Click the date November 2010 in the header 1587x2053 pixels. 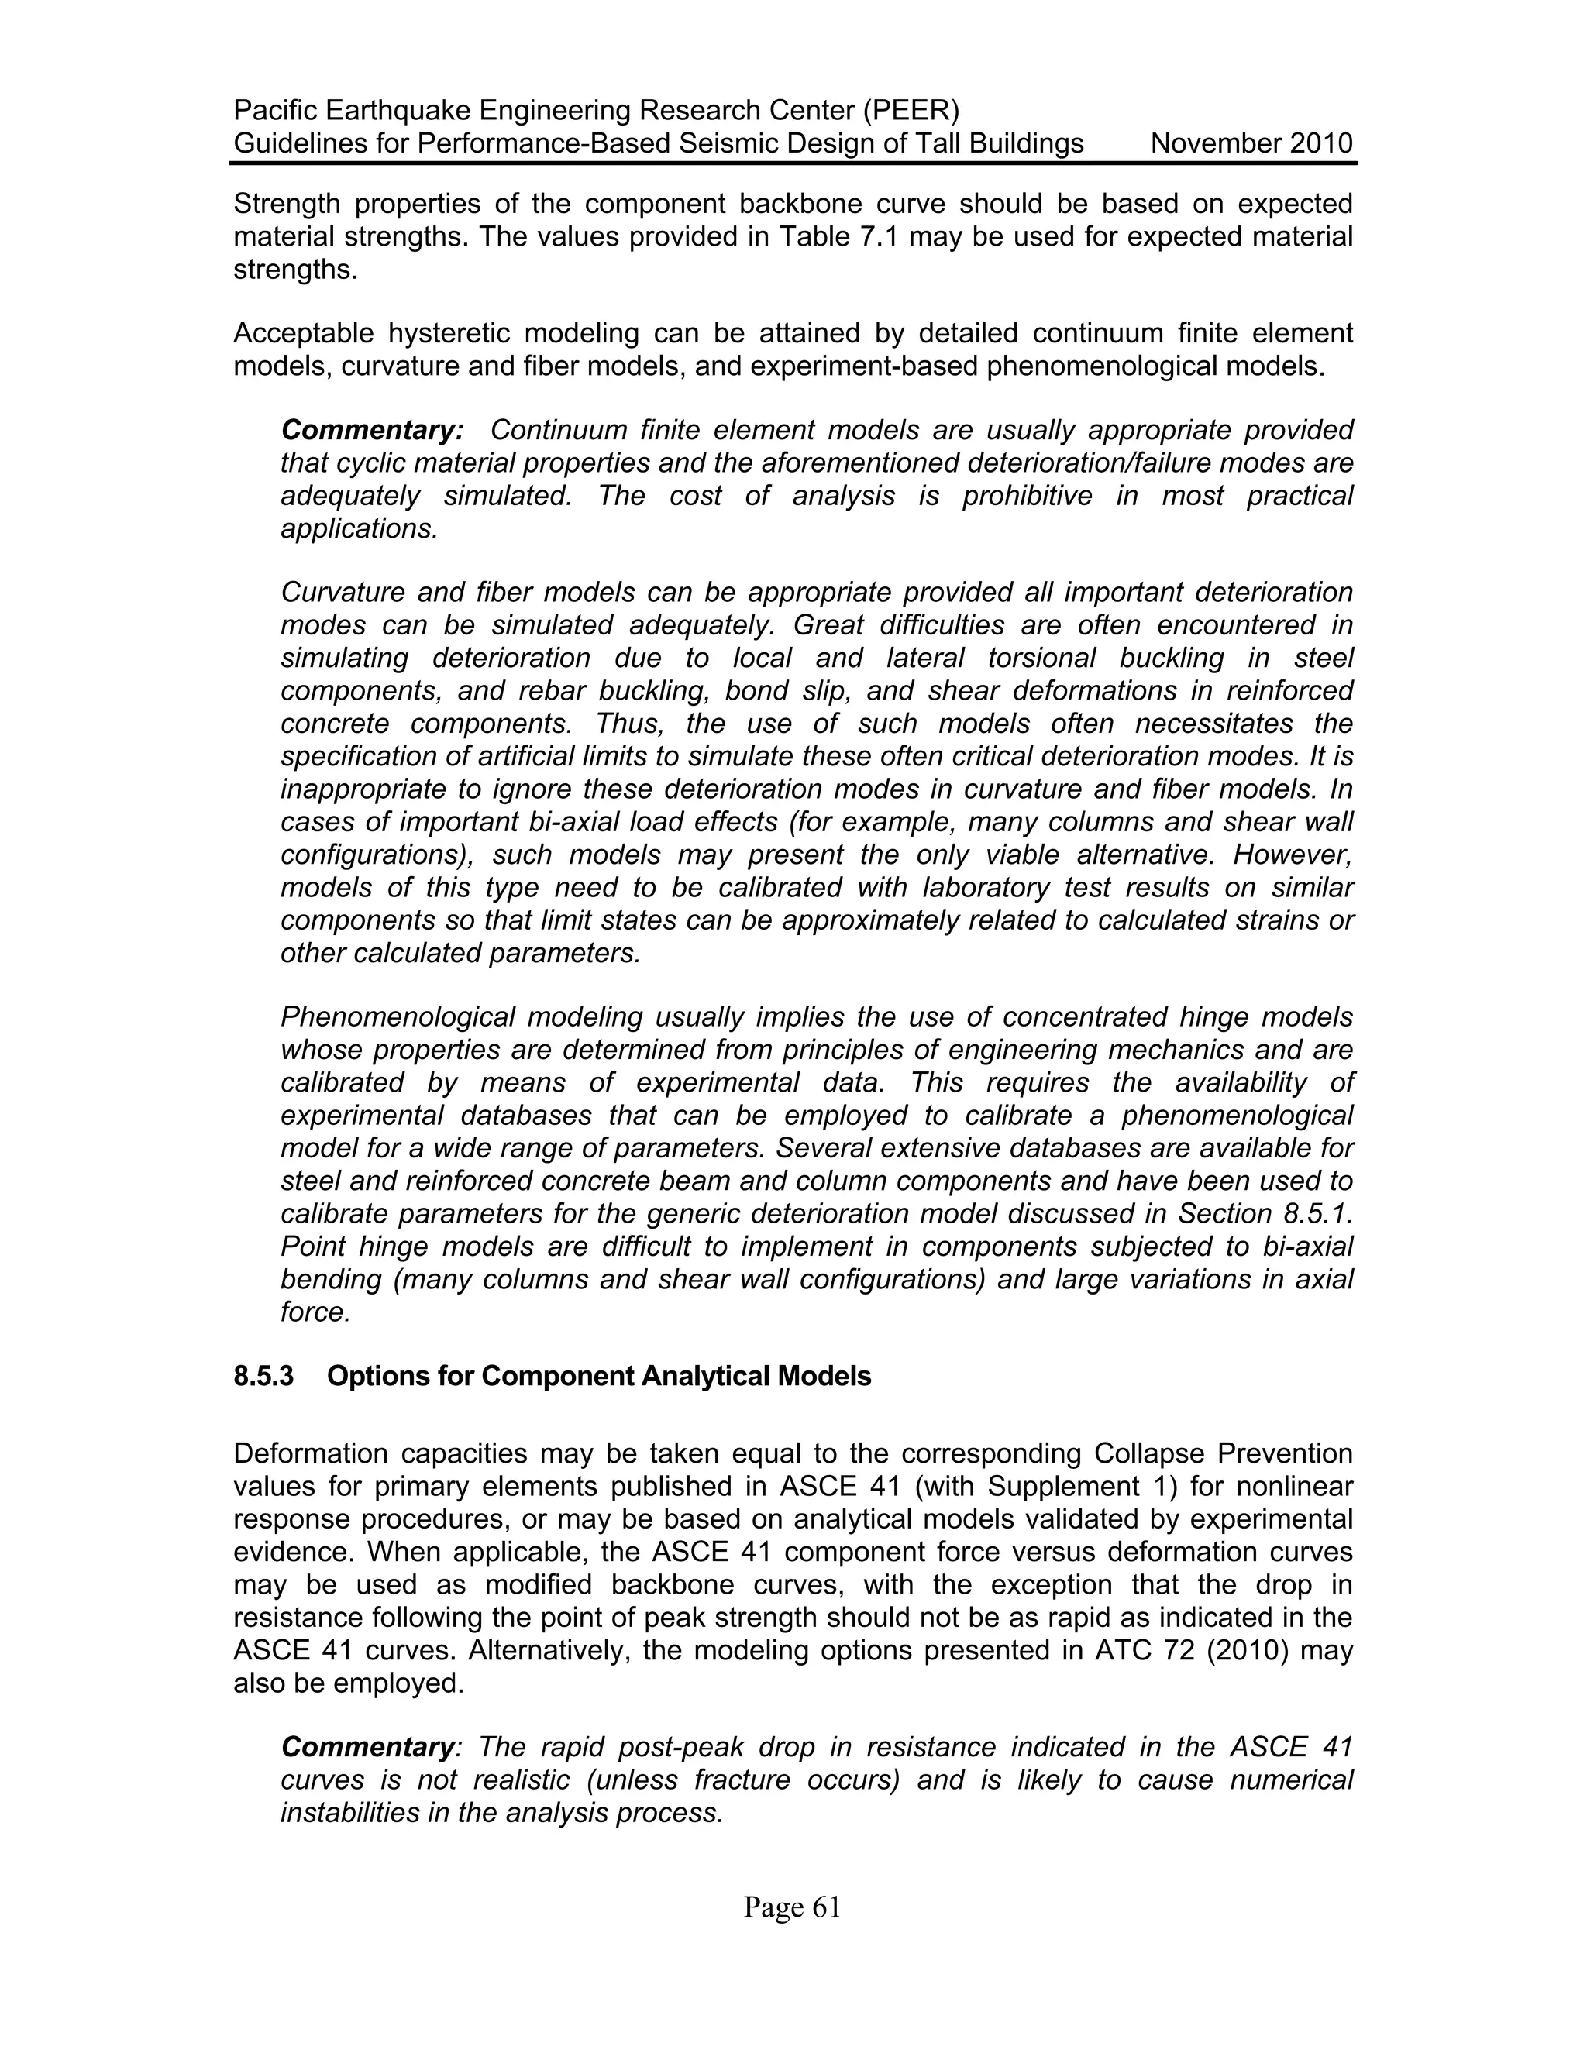1251,144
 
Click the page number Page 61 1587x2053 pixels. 792,1907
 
